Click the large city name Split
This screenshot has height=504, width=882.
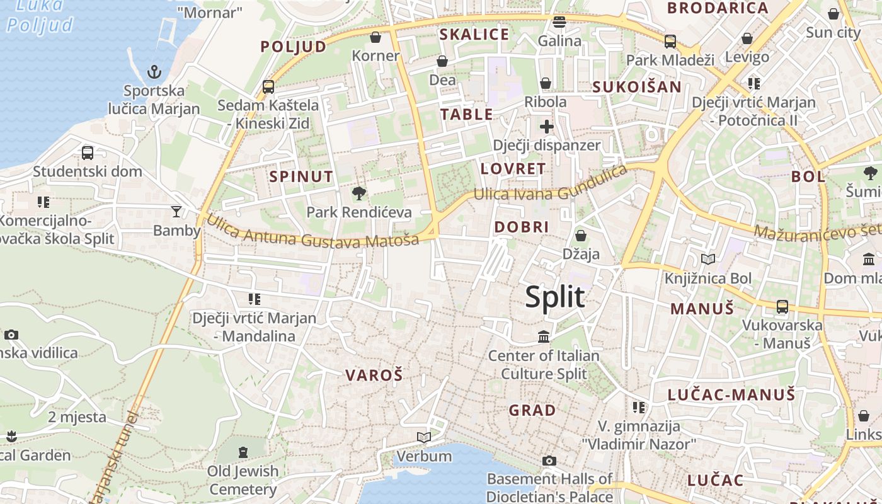point(555,297)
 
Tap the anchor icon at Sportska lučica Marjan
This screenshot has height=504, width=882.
point(154,72)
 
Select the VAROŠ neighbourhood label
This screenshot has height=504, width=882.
point(374,375)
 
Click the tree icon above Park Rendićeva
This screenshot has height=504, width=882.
point(359,193)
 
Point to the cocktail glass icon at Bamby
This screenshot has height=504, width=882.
point(176,211)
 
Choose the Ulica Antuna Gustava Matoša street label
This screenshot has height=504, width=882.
point(312,231)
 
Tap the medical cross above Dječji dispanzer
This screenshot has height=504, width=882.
point(546,127)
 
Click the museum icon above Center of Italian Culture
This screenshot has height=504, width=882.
point(544,337)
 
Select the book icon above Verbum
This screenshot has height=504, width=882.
point(424,437)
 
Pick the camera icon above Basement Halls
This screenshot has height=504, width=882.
point(549,461)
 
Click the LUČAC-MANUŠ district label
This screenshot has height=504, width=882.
point(731,396)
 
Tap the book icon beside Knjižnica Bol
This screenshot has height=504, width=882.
point(708,259)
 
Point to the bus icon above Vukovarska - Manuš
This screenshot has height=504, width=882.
point(782,307)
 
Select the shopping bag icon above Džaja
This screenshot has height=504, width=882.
point(580,236)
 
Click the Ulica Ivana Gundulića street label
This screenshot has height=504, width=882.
point(551,183)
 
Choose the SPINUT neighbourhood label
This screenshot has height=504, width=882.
point(301,176)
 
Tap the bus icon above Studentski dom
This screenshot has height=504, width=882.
point(88,152)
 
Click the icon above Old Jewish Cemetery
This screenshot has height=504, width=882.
point(243,452)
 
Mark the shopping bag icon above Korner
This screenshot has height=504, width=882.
point(375,38)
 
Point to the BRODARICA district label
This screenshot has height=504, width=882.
point(718,9)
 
